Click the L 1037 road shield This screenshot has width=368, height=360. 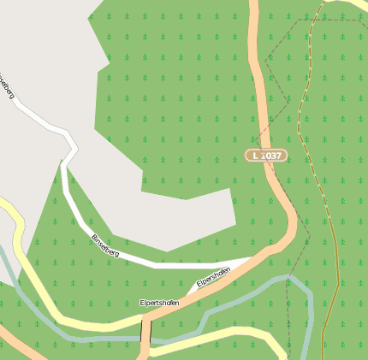coord(266,156)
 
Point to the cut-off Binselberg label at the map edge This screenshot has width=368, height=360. coord(8,86)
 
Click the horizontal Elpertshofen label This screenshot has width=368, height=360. coord(160,303)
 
